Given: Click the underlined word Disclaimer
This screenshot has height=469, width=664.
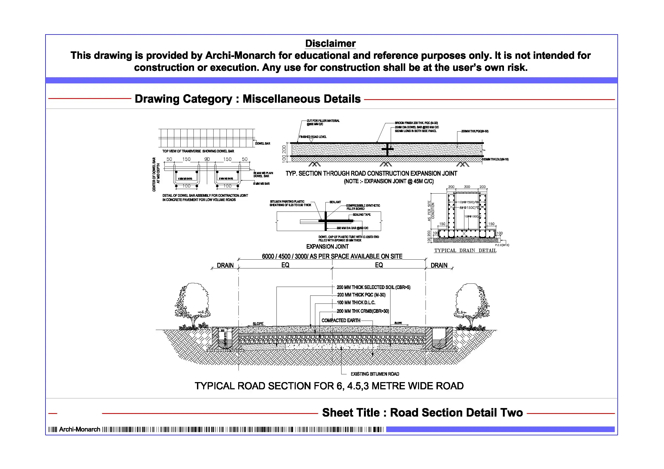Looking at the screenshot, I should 330,44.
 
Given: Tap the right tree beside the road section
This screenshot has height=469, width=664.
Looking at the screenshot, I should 471,306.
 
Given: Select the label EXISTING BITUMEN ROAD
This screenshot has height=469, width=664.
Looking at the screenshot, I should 375,374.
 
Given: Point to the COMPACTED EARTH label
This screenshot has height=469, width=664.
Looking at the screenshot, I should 341,321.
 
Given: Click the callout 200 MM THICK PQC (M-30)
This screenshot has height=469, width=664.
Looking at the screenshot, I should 361,295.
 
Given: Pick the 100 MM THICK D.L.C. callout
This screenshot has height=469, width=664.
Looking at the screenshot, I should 356,303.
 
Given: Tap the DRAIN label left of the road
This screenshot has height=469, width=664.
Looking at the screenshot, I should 225,265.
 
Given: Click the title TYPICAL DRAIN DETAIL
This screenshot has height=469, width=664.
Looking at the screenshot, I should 465,251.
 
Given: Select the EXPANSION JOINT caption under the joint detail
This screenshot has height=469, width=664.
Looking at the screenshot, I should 327,247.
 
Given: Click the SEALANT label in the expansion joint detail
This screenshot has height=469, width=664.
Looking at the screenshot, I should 335,202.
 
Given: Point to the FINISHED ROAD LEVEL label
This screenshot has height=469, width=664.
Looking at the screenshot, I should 313,137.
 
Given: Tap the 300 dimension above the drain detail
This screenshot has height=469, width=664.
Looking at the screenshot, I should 467,187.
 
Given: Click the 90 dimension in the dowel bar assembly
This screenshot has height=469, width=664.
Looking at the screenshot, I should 207,159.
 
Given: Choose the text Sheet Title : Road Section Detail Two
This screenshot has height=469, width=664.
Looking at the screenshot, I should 422,413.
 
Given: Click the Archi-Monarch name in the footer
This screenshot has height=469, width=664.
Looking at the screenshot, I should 79,429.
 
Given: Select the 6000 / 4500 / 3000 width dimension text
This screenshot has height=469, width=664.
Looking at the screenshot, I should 332,256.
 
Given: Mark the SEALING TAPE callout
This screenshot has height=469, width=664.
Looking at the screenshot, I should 362,215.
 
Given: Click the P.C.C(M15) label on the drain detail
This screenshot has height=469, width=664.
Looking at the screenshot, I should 502,245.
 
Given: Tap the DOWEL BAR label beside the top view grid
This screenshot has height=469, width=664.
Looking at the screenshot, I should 263,143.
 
